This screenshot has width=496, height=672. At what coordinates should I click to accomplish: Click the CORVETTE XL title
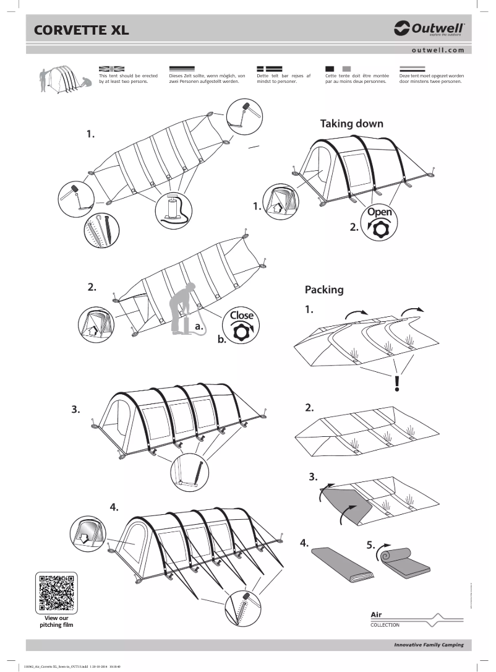(x=81, y=30)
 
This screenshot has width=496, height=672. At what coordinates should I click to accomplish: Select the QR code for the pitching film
(x=56, y=593)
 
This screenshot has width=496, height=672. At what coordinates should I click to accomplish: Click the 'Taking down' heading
(x=351, y=124)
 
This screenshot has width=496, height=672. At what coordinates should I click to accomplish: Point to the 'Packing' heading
(x=324, y=290)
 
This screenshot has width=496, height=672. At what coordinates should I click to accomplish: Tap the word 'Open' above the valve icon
(x=379, y=212)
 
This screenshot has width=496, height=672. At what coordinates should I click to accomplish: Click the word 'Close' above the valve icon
(x=241, y=315)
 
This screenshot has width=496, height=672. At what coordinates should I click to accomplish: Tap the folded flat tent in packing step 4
(x=342, y=563)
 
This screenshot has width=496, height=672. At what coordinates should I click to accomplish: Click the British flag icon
(x=112, y=68)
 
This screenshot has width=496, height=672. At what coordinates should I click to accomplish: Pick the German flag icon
(x=182, y=68)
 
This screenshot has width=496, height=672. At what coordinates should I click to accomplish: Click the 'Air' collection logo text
(x=377, y=614)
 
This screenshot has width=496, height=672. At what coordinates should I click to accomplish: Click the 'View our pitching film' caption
(x=56, y=621)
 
